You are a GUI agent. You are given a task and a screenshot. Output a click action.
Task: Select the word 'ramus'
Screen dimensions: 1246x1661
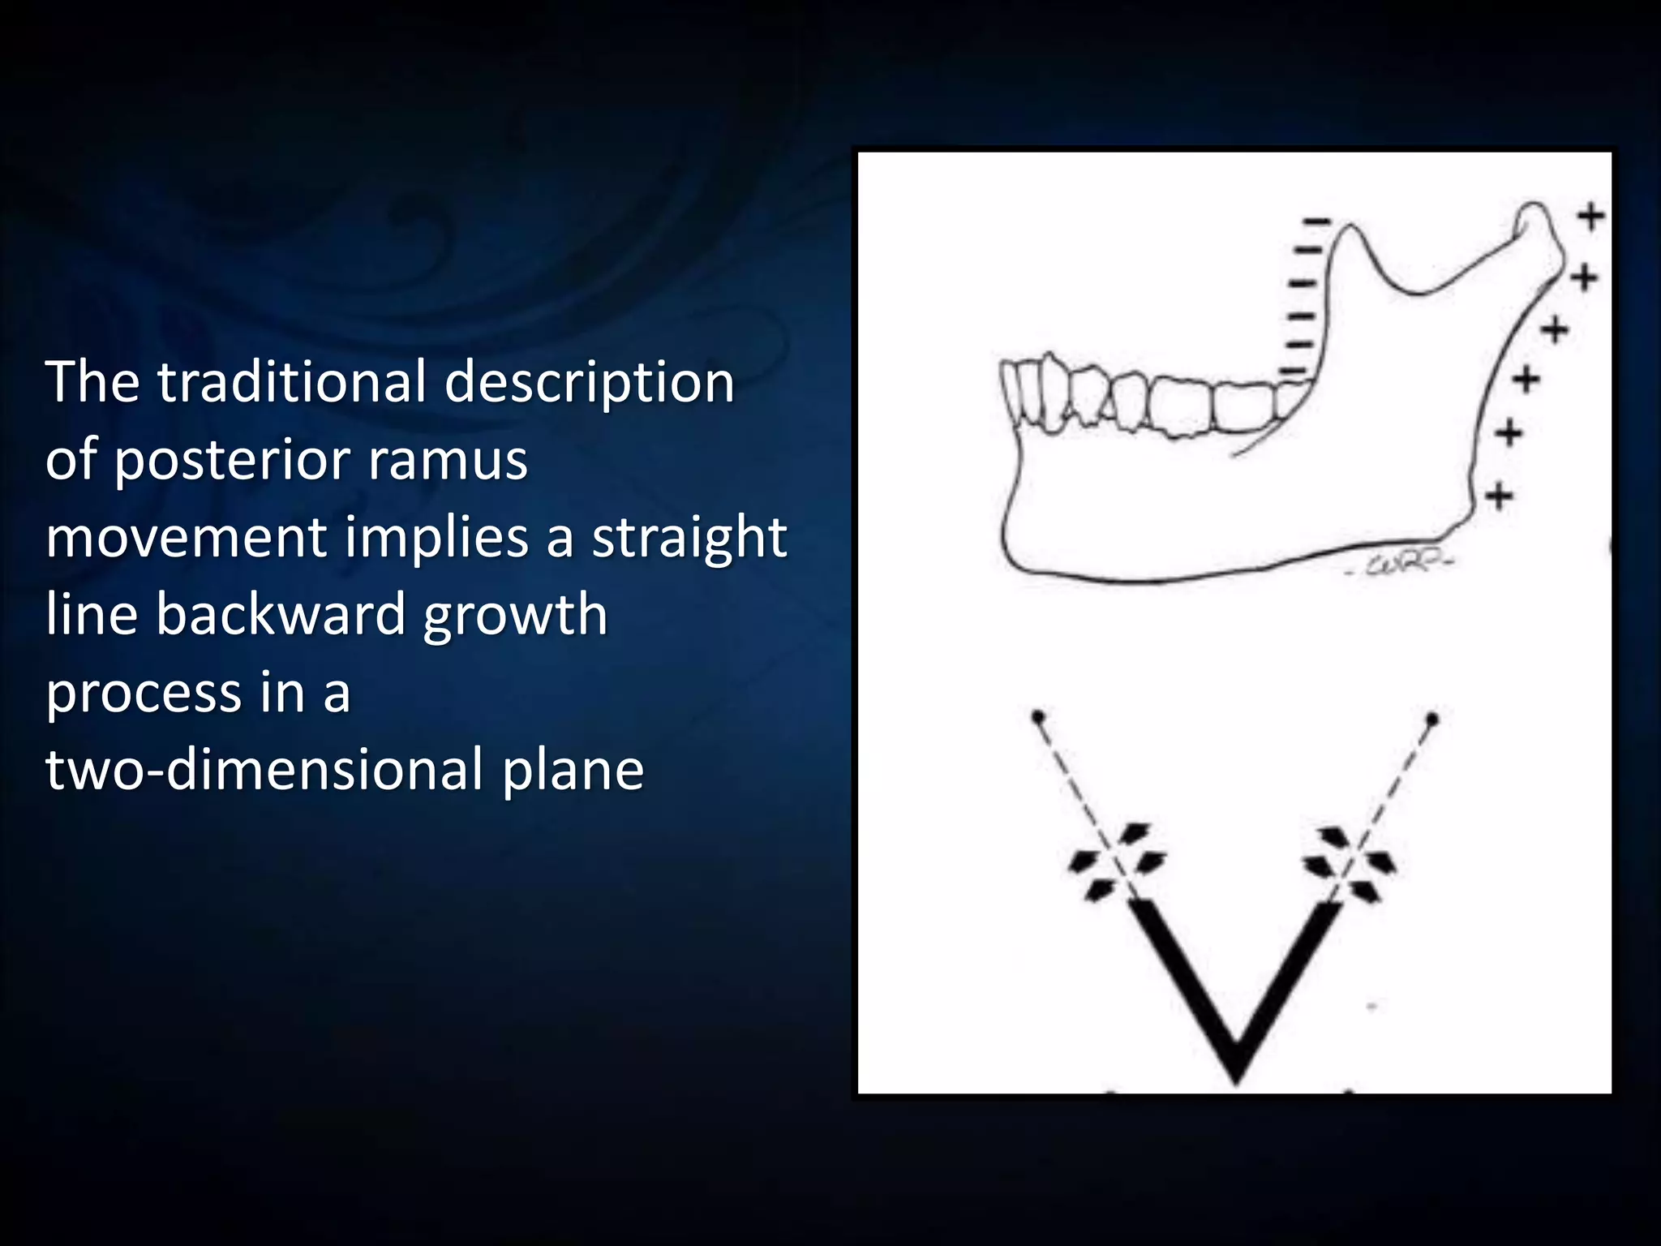(448, 461)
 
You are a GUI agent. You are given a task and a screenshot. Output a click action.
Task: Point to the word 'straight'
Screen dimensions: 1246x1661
(689, 537)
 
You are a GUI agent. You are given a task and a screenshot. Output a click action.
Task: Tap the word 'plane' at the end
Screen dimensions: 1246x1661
(573, 771)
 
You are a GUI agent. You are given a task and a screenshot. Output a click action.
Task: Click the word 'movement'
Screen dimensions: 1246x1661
(186, 537)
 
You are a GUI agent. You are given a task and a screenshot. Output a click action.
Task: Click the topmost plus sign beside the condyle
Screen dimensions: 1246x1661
(1590, 217)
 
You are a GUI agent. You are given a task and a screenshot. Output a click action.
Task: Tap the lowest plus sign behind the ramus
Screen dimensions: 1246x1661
(1500, 495)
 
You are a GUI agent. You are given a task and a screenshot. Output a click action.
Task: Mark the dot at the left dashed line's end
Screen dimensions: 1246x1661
(1037, 717)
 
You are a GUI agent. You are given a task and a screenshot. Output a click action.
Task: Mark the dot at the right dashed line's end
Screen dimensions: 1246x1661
(1432, 719)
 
